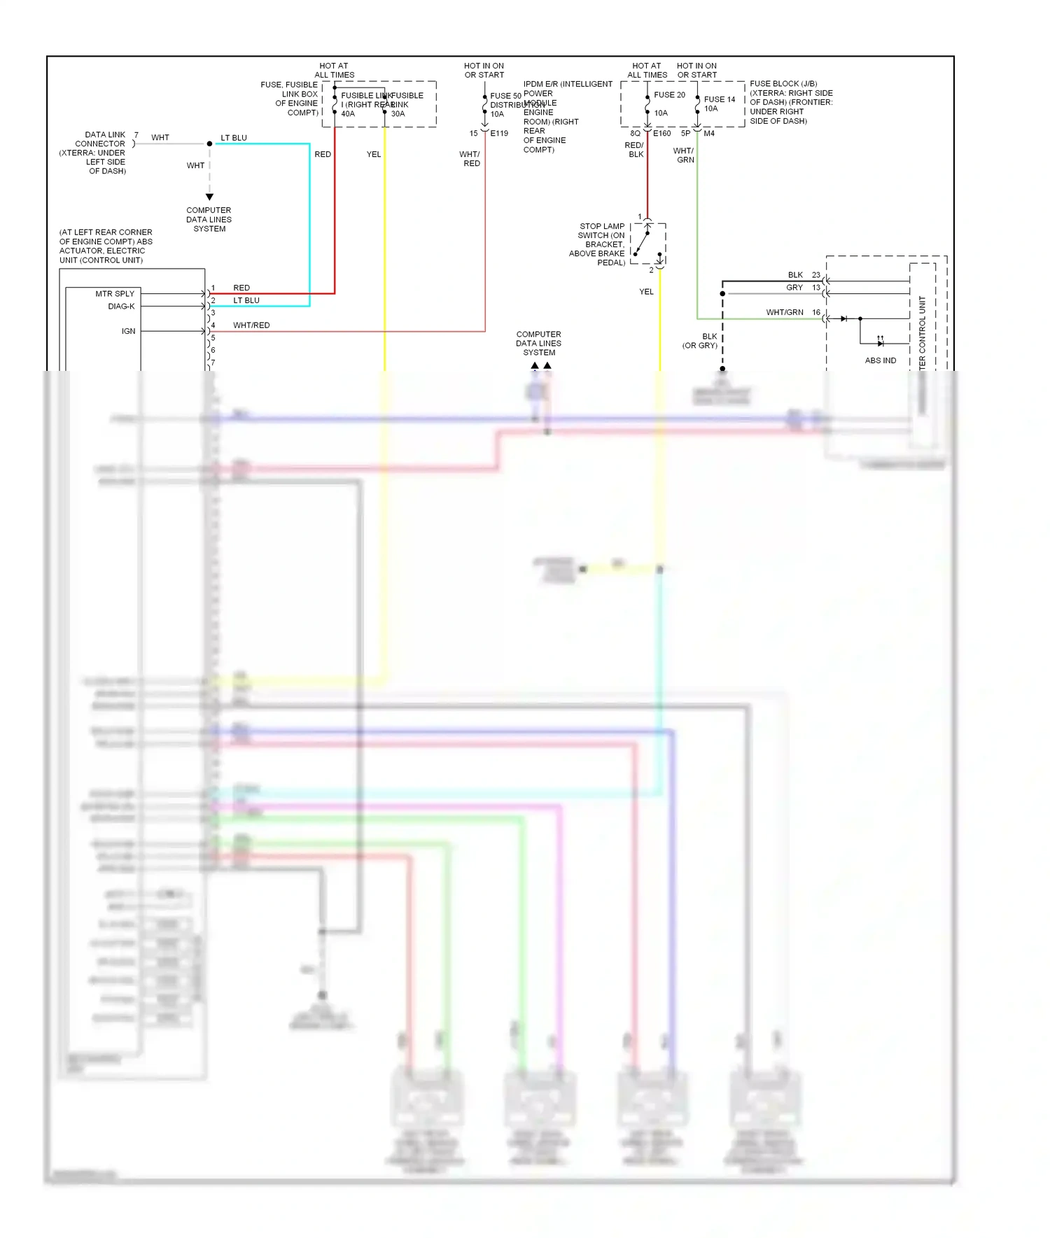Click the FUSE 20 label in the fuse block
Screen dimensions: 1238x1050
pyautogui.click(x=669, y=95)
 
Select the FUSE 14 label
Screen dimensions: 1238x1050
pyautogui.click(x=719, y=99)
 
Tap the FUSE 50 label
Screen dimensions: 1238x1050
pyautogui.click(x=505, y=96)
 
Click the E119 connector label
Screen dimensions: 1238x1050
pyautogui.click(x=499, y=134)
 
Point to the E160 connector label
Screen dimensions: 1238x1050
pyautogui.click(x=661, y=134)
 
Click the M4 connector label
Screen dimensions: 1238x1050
pyautogui.click(x=709, y=134)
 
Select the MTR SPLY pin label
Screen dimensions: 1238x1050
pyautogui.click(x=115, y=294)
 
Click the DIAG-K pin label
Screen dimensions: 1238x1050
pyautogui.click(x=121, y=307)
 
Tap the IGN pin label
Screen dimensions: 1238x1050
pyautogui.click(x=128, y=331)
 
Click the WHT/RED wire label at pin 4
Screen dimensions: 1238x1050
pyautogui.click(x=251, y=325)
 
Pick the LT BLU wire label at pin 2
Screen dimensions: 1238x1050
pyautogui.click(x=246, y=301)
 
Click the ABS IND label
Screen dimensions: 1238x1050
pyautogui.click(x=880, y=360)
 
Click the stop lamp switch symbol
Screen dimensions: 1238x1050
pyautogui.click(x=647, y=244)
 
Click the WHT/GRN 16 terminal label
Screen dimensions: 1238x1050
pyautogui.click(x=792, y=313)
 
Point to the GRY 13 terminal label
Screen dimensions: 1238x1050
pyautogui.click(x=802, y=288)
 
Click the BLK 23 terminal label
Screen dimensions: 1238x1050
pyautogui.click(x=803, y=275)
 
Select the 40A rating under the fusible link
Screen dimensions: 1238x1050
pyautogui.click(x=348, y=114)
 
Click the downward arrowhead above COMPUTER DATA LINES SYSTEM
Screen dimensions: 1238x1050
pyautogui.click(x=209, y=197)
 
